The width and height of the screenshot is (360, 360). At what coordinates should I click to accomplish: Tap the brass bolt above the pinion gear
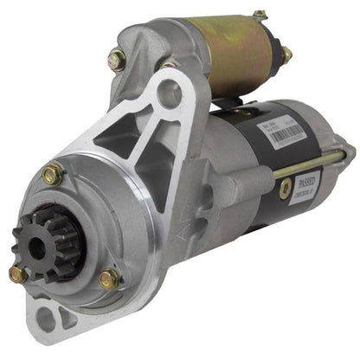(51, 174)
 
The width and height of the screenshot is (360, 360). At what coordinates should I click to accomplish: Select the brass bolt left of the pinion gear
(16, 274)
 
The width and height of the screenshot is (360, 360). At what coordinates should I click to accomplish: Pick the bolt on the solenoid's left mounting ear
(117, 60)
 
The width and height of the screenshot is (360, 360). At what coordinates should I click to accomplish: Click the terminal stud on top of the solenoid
(259, 15)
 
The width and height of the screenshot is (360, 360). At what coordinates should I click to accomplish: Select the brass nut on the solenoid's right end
(285, 55)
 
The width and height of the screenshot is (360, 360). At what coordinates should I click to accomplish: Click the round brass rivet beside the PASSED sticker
(283, 188)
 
